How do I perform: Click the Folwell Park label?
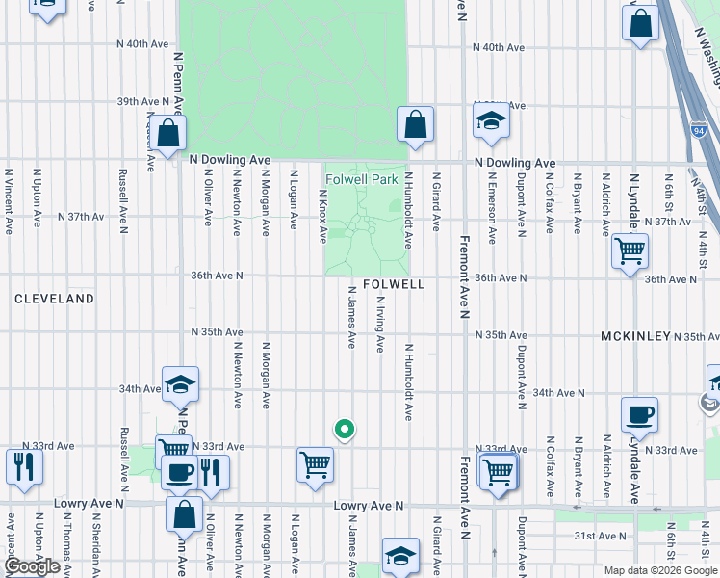[x=361, y=179]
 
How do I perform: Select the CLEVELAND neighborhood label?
[x=54, y=299]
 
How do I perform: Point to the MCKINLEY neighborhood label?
[x=635, y=336]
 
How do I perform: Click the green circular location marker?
[x=344, y=430]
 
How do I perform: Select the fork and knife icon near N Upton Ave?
[x=23, y=466]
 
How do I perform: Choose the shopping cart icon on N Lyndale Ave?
[x=630, y=251]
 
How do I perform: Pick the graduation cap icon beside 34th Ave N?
[x=180, y=385]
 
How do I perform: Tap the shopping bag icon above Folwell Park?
[x=415, y=124]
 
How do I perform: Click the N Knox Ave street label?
[x=323, y=215]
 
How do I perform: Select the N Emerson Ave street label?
[x=492, y=207]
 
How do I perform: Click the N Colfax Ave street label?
[x=549, y=202]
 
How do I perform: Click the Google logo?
[x=32, y=566]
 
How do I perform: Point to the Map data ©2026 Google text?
[x=660, y=570]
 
